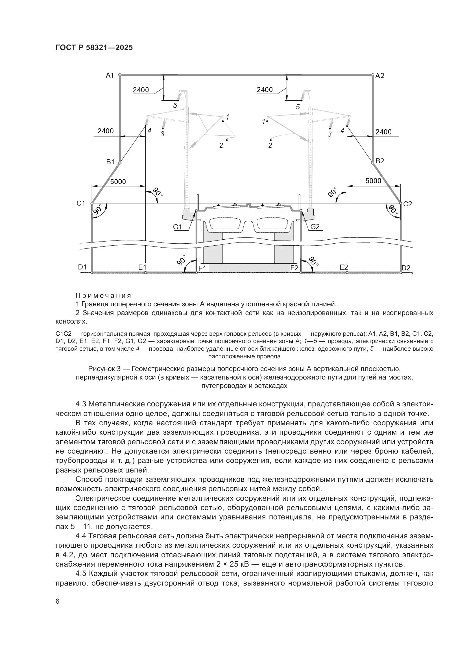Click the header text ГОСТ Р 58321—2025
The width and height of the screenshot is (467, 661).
click(x=94, y=47)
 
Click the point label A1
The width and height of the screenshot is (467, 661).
click(x=110, y=75)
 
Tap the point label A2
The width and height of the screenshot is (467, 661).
click(x=379, y=76)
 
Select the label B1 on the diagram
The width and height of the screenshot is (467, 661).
click(x=110, y=162)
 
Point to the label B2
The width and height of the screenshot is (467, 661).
click(x=380, y=161)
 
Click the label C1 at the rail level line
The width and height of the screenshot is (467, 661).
click(x=81, y=203)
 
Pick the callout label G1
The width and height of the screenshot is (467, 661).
click(x=177, y=227)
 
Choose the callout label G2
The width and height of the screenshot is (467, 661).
click(x=315, y=227)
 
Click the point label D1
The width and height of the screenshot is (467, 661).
click(x=82, y=267)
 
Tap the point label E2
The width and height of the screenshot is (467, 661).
click(x=344, y=267)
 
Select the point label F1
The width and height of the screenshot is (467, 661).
click(x=202, y=268)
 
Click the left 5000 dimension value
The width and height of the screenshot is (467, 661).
click(x=118, y=182)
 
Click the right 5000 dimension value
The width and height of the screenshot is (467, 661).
click(x=373, y=181)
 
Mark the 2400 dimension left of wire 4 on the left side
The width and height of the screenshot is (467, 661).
click(x=106, y=131)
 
